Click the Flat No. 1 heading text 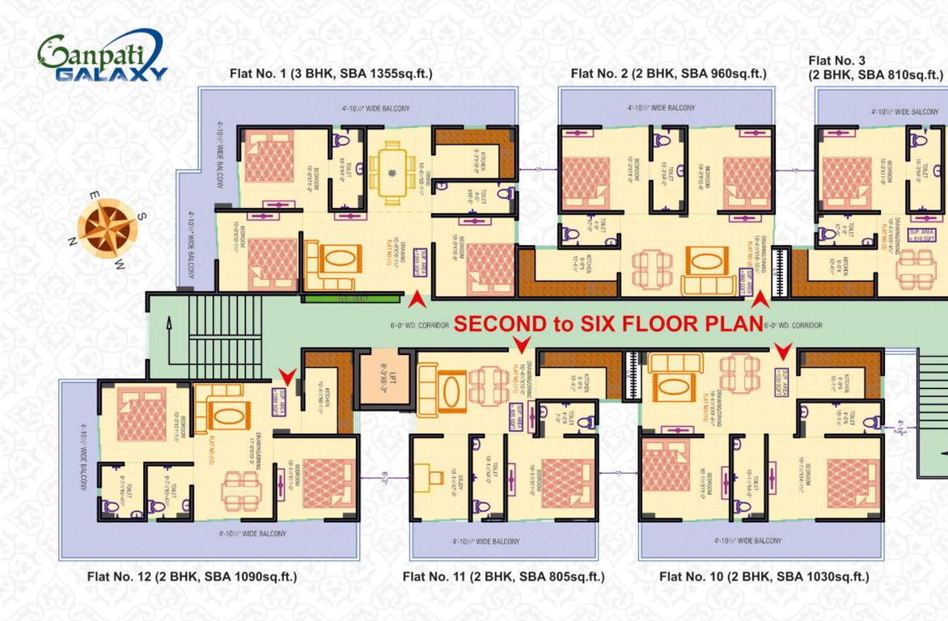[333, 74]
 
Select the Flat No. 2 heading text [668, 74]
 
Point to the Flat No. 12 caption [192, 577]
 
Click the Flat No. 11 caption [503, 577]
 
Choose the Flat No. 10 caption [764, 577]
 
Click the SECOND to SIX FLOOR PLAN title [608, 324]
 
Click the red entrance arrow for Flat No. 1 [417, 300]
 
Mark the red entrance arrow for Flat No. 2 [760, 301]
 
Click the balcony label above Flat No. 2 [661, 108]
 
